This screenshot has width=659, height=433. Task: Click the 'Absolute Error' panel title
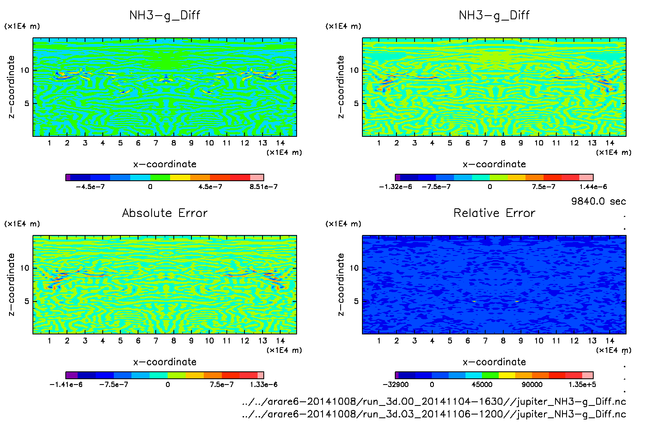click(x=165, y=213)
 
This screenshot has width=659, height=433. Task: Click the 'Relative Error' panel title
click(x=494, y=213)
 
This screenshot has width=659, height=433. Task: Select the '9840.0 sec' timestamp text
click(x=598, y=201)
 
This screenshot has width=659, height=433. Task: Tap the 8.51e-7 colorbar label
click(x=263, y=187)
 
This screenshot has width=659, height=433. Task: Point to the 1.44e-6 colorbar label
click(x=593, y=187)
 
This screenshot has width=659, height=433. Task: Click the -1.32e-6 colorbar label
click(x=395, y=187)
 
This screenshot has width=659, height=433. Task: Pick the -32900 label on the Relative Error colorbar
click(x=395, y=385)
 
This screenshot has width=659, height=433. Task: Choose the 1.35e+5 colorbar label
click(x=582, y=385)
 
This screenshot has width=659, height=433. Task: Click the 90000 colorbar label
click(x=532, y=385)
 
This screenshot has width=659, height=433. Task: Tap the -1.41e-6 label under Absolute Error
click(x=66, y=385)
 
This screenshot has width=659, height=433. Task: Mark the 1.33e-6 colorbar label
click(x=263, y=385)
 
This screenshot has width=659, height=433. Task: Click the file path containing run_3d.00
click(x=434, y=401)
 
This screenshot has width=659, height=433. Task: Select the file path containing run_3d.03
click(x=434, y=414)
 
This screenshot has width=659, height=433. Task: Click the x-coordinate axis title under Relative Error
click(x=494, y=362)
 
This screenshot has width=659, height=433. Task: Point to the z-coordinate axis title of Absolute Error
click(x=11, y=284)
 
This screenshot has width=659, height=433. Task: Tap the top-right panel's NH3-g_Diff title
click(x=494, y=15)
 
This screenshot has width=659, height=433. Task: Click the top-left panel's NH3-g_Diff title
click(x=165, y=15)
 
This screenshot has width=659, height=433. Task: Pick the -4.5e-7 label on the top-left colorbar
click(x=90, y=187)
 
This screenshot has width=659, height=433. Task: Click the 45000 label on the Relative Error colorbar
click(x=482, y=385)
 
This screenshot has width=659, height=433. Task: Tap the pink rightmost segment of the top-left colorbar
click(x=257, y=177)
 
